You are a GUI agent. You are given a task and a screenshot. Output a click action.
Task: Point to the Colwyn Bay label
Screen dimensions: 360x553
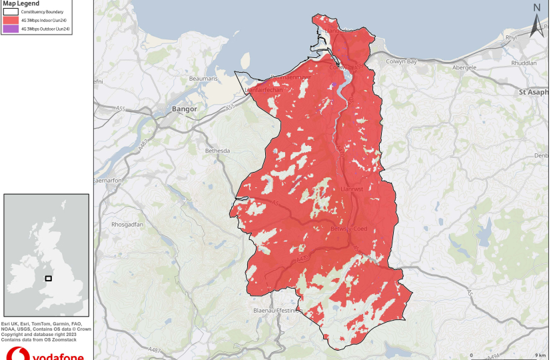[x=402, y=61]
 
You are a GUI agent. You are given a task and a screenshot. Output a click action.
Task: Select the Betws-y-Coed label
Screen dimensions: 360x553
[x=349, y=229]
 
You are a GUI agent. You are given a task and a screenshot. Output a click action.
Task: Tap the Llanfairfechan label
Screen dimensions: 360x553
[x=265, y=89]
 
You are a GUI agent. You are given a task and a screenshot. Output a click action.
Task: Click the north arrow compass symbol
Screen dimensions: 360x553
[x=537, y=22]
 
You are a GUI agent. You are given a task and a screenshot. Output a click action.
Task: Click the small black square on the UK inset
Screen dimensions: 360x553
[x=49, y=278]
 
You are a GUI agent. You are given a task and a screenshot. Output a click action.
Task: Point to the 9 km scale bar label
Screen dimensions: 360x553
[x=540, y=355]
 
